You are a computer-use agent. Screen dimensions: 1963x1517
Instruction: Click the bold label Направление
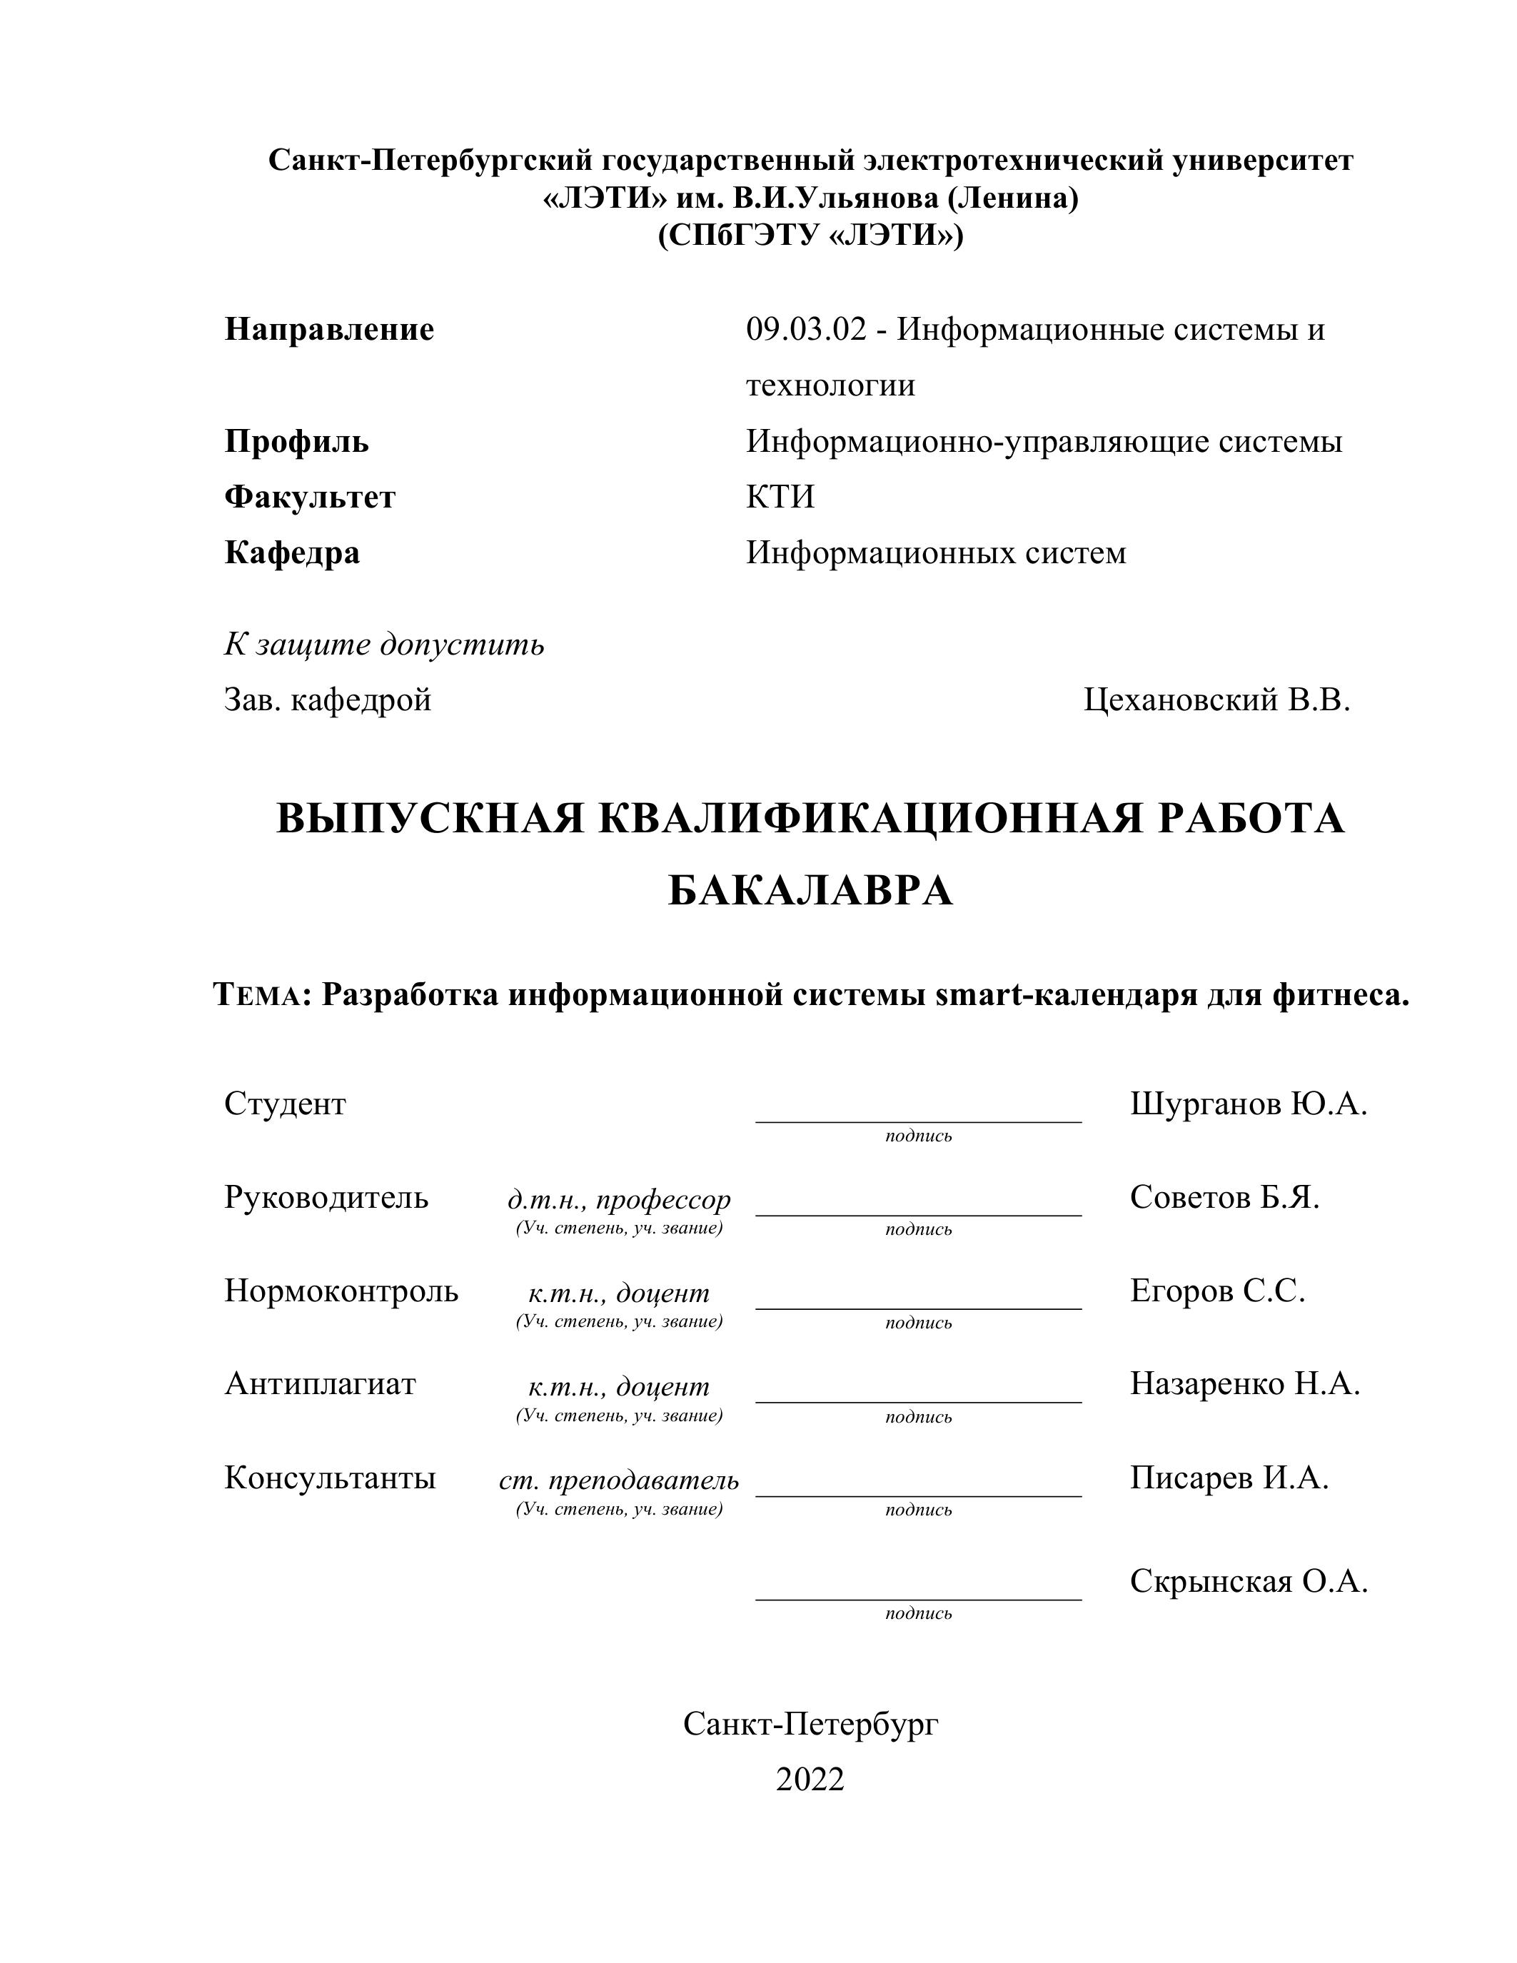[x=329, y=330]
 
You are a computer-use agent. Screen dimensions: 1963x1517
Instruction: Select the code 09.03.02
[x=806, y=330]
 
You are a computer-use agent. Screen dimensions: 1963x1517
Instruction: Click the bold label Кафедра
[x=292, y=552]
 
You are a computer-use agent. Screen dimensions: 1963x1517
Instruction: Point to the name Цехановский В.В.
[x=1217, y=700]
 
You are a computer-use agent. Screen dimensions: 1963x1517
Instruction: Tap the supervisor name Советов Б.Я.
[x=1224, y=1197]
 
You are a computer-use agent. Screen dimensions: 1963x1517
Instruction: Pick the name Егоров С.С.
[x=1217, y=1291]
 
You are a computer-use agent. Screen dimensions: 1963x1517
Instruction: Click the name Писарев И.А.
[x=1229, y=1478]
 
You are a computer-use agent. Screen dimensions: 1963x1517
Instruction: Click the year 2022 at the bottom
[x=810, y=1779]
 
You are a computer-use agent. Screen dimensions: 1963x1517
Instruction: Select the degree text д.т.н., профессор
[x=619, y=1200]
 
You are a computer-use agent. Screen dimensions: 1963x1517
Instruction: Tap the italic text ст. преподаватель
[x=619, y=1480]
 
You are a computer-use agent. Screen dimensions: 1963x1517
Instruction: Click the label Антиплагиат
[x=320, y=1384]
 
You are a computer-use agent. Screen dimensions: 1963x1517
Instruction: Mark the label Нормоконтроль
[x=341, y=1291]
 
